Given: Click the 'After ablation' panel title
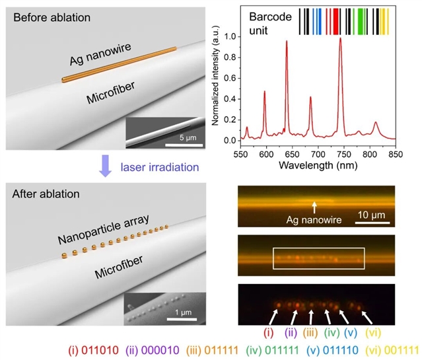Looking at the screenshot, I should pos(47,194).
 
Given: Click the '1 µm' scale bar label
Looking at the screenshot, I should pos(178,316).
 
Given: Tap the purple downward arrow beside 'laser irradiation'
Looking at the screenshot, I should pos(105,170).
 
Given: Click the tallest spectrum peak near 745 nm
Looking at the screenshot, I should pos(340,39).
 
